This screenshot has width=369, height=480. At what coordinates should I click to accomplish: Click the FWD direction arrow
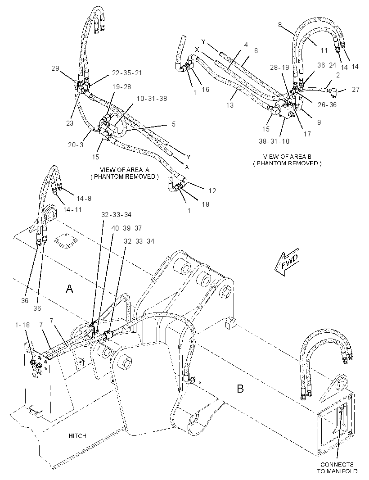tap(287, 263)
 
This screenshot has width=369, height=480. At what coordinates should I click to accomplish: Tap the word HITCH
tap(77, 435)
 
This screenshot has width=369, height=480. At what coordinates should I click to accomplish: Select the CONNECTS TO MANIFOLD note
tap(337, 467)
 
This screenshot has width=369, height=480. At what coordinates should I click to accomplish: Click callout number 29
tap(55, 68)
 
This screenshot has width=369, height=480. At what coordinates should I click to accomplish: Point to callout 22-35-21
tap(126, 73)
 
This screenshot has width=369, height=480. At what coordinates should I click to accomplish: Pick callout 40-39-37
tap(126, 228)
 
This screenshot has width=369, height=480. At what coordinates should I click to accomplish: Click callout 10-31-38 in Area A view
tap(152, 99)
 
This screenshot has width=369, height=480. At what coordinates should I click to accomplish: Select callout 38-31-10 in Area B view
tap(274, 141)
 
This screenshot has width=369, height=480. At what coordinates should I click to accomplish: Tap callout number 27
tap(355, 90)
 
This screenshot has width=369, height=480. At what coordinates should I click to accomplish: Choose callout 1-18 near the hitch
tap(22, 325)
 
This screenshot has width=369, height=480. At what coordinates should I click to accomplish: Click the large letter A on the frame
tap(69, 288)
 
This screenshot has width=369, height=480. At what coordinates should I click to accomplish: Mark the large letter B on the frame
tap(240, 389)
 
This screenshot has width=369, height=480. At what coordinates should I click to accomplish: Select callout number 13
tap(230, 105)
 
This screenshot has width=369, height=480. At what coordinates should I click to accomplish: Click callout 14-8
tap(84, 199)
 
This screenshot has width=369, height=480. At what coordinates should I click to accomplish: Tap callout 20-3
tap(76, 145)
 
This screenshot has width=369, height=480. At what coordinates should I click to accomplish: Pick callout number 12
tap(212, 191)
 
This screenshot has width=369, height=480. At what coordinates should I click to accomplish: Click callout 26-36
tap(327, 105)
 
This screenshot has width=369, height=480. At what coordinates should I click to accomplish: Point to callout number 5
tap(174, 124)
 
